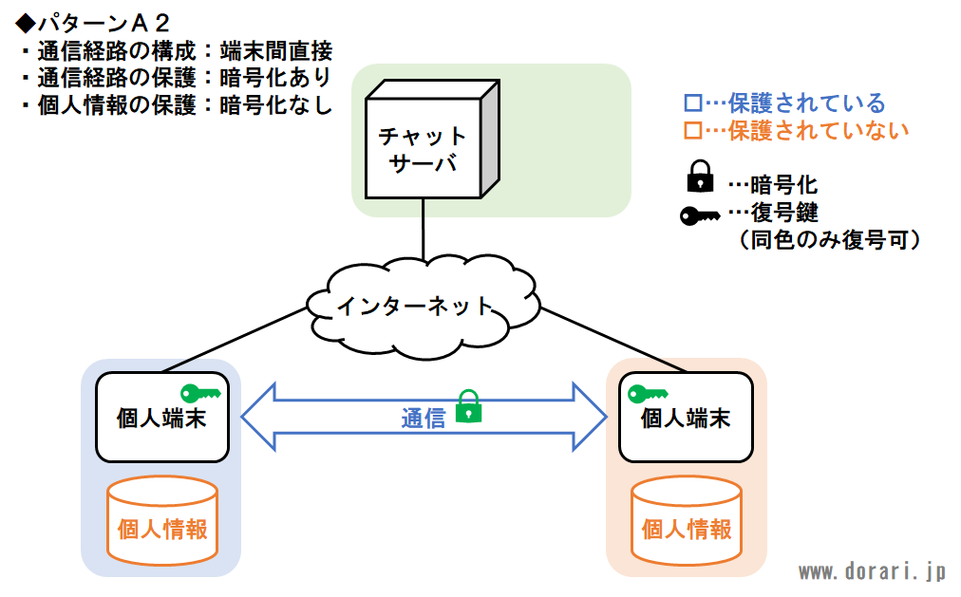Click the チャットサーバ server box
pyautogui.click(x=432, y=139)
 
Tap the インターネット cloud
pyautogui.click(x=423, y=307)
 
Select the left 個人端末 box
pyautogui.click(x=162, y=417)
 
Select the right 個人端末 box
pyautogui.click(x=686, y=417)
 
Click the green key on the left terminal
pyautogui.click(x=200, y=393)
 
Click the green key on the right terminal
pyautogui.click(x=648, y=394)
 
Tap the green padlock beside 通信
pyautogui.click(x=469, y=406)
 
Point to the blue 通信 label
pyautogui.click(x=423, y=419)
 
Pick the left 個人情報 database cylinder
pyautogui.click(x=162, y=520)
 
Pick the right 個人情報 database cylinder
pyautogui.click(x=687, y=520)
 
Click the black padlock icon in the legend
pyautogui.click(x=700, y=177)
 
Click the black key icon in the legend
pyautogui.click(x=700, y=216)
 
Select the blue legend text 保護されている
pyautogui.click(x=806, y=103)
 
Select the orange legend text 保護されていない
pyautogui.click(x=819, y=131)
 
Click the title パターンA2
pyautogui.click(x=92, y=24)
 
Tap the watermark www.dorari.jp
pyautogui.click(x=873, y=572)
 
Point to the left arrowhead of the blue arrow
pyautogui.click(x=258, y=417)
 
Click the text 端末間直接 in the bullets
pyautogui.click(x=275, y=51)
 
